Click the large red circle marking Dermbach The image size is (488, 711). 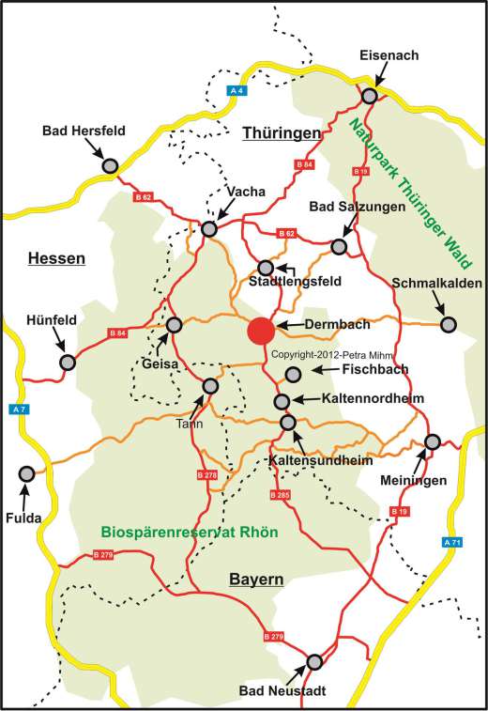[261, 331]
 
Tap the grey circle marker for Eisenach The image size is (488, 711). [371, 95]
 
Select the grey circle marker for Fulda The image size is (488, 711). [26, 473]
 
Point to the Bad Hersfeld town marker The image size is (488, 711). [109, 165]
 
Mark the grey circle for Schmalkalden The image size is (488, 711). [449, 324]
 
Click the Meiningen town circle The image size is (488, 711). [433, 441]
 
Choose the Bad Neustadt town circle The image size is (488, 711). [315, 661]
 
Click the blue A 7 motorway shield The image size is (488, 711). [18, 410]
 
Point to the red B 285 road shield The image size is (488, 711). [280, 494]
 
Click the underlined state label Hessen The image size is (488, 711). [56, 258]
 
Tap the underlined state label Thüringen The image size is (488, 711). [282, 133]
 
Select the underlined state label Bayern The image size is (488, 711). [256, 580]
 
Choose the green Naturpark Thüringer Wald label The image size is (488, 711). [398, 187]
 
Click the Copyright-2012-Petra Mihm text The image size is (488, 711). [335, 355]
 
